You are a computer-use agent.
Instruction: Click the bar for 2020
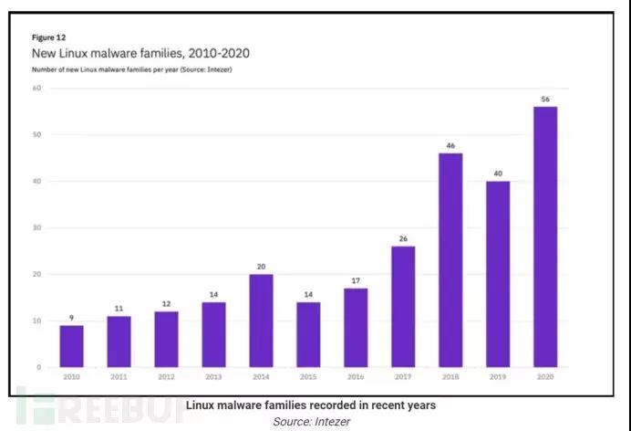coord(545,237)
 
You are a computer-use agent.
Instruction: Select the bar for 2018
coord(450,260)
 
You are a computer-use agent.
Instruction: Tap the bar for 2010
coord(72,346)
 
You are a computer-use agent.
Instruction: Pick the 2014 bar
coord(261,321)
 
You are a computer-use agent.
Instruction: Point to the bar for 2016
coord(356,328)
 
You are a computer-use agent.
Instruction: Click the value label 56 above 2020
coord(545,99)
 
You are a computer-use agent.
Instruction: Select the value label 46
coord(450,145)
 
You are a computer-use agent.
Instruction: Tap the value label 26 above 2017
coord(403,238)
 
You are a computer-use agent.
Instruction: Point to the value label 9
coord(72,317)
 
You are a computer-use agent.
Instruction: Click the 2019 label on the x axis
coord(498,375)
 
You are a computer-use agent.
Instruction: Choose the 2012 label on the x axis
coord(166,375)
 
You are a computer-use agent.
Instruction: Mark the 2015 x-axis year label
coord(308,375)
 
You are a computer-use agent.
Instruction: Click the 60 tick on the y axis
coord(38,88)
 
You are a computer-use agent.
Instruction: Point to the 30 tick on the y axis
coord(38,227)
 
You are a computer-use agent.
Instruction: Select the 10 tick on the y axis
coord(38,321)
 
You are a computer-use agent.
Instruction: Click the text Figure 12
coord(47,38)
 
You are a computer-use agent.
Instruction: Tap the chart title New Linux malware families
coord(141,54)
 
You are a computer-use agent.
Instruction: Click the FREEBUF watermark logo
coord(96,407)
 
